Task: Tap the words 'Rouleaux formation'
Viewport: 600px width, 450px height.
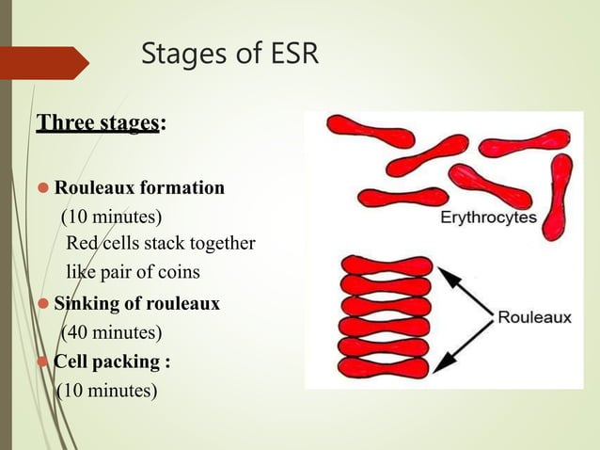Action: tap(139, 187)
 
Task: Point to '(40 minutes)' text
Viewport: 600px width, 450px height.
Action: tap(111, 332)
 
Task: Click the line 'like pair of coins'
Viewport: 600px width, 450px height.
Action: tap(132, 273)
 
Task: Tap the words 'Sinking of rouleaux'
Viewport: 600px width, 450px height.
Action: tap(136, 304)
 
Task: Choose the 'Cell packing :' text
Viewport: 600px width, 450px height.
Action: tap(112, 362)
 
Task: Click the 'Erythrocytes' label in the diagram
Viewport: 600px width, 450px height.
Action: tap(489, 217)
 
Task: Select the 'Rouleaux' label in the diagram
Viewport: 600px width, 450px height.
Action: tap(533, 317)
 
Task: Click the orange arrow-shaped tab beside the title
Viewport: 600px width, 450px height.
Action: tap(47, 62)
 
